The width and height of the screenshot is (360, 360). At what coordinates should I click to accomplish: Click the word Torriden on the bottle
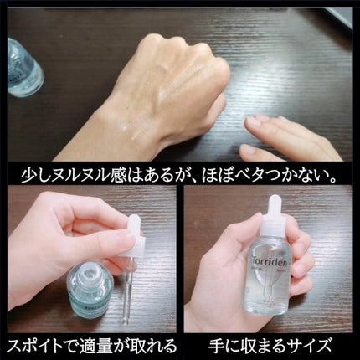(270, 261)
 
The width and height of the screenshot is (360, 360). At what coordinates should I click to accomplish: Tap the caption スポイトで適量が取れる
(92, 346)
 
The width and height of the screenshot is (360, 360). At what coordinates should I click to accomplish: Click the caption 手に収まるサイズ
(270, 346)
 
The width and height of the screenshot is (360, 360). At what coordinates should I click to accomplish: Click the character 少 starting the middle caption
(29, 176)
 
